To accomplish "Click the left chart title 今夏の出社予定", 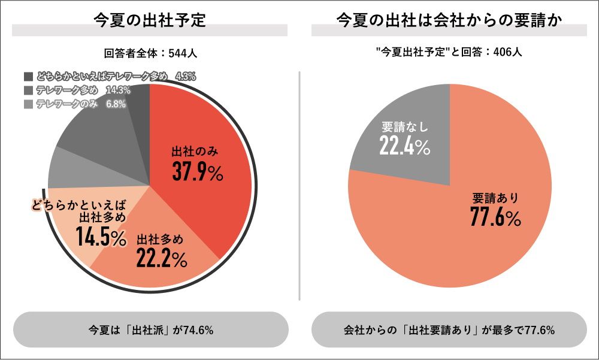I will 150,20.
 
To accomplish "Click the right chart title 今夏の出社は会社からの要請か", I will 449,20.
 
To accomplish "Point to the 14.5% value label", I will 101,238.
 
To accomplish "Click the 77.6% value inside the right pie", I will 495,218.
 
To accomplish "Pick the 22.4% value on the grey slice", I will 405,146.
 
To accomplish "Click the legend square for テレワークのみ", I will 28,104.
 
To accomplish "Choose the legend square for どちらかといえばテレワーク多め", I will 28,77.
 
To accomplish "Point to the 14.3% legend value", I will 117,90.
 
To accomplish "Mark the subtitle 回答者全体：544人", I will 150,53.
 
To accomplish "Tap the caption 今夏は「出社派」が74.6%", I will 150,330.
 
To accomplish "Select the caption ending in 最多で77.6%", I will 449,330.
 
